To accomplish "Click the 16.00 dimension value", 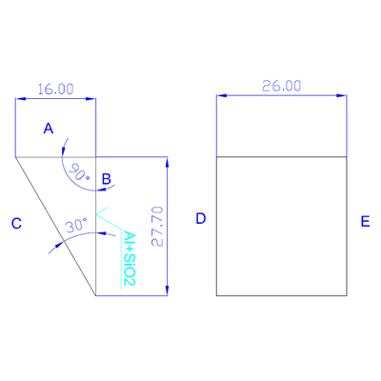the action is (x=55, y=90).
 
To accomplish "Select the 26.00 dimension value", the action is (x=282, y=86).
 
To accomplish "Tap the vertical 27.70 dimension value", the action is (x=157, y=227).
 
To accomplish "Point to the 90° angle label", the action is (x=79, y=171).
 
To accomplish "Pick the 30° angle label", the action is (x=76, y=226).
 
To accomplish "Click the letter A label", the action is (x=49, y=129).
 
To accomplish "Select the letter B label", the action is (x=107, y=179).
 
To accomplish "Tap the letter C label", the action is (x=16, y=224).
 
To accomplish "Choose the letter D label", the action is (x=201, y=218).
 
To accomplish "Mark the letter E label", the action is (x=366, y=221).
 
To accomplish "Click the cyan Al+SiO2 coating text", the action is (x=130, y=258).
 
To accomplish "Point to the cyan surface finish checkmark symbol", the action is (x=108, y=218).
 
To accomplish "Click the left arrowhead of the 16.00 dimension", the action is (x=20, y=99).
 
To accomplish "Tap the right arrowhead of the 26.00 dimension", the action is (x=342, y=95).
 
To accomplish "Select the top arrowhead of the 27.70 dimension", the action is (x=167, y=162).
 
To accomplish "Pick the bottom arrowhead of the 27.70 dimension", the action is (x=167, y=291).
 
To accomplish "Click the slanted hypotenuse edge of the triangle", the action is (x=55, y=227).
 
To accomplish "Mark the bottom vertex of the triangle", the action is (x=96, y=295).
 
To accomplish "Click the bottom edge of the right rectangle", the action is (x=282, y=295).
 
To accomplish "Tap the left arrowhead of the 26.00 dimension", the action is (x=222, y=95).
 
